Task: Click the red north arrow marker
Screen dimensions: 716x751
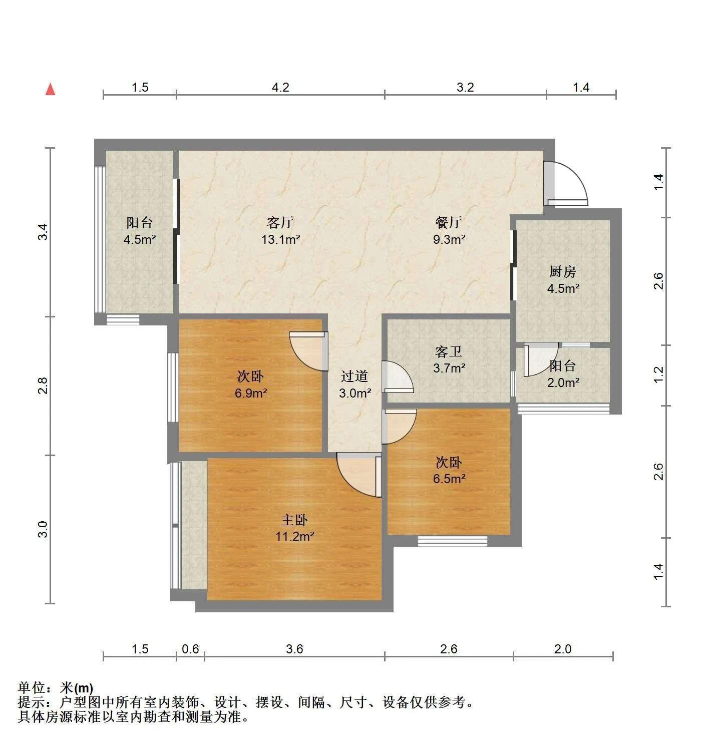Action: click(x=51, y=90)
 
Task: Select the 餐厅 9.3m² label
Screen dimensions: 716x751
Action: click(x=449, y=231)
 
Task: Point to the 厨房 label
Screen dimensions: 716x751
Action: click(x=562, y=271)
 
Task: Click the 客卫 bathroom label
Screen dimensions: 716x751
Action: click(x=449, y=351)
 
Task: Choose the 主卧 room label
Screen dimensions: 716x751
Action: click(x=294, y=520)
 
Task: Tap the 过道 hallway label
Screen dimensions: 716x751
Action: click(x=354, y=377)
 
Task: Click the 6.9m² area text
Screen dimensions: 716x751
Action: click(x=251, y=393)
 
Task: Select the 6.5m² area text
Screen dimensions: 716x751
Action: click(x=449, y=479)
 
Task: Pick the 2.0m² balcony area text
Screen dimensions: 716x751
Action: click(x=563, y=383)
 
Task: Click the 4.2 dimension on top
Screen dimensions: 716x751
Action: click(x=280, y=88)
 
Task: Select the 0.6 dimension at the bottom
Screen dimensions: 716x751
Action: click(x=190, y=649)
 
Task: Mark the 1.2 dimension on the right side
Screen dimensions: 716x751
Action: click(x=658, y=375)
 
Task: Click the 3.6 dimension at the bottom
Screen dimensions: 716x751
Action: click(x=294, y=649)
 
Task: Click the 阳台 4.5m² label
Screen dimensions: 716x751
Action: click(x=140, y=231)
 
